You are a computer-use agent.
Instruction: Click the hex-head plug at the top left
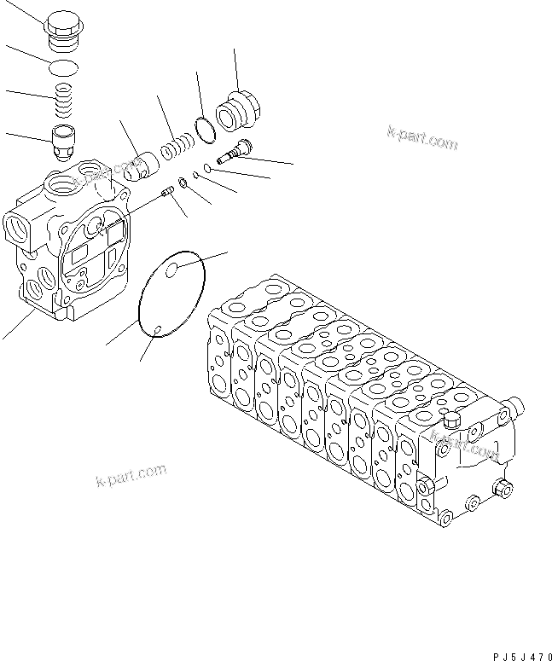pyautogui.click(x=60, y=32)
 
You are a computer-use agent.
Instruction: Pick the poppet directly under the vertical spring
pyautogui.click(x=64, y=140)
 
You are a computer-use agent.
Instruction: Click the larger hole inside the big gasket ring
pyautogui.click(x=173, y=270)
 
